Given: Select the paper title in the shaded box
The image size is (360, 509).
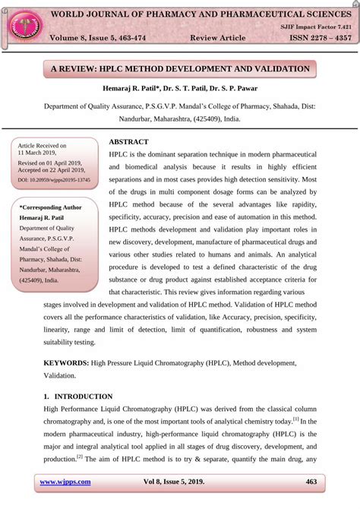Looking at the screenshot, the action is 180,69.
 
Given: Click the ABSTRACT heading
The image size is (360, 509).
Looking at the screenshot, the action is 128,142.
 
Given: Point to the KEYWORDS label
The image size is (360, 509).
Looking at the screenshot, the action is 66,363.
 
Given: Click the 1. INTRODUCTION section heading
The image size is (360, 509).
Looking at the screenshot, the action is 77,397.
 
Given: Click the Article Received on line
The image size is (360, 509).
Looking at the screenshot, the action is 43,145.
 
